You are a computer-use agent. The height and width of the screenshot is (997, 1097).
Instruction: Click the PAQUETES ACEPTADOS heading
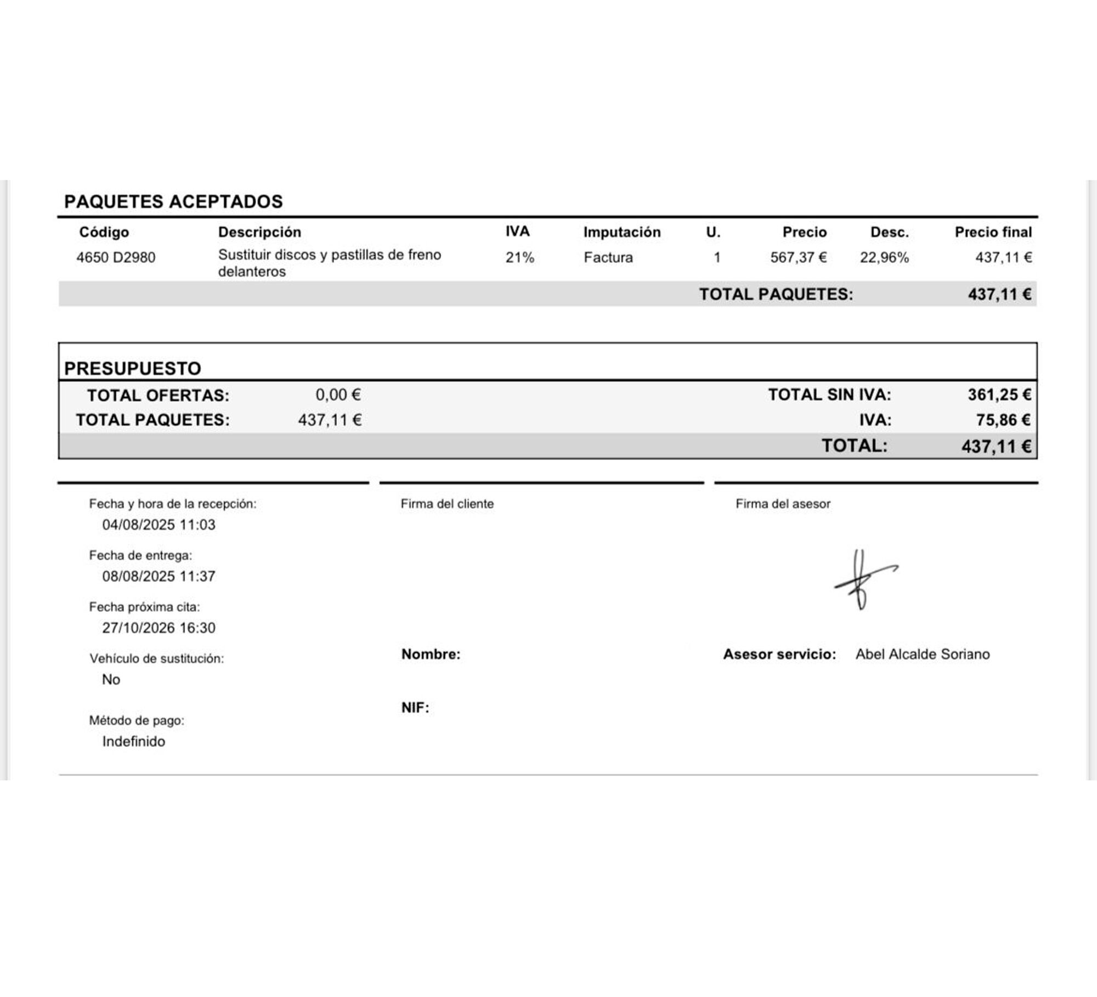pos(173,201)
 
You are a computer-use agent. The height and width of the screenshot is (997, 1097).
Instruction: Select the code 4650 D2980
pos(116,257)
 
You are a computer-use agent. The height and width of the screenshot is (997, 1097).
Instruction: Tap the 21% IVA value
pos(519,257)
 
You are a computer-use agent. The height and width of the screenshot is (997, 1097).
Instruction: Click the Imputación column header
pos(621,232)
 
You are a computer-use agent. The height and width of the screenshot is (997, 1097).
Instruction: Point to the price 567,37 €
pos(798,257)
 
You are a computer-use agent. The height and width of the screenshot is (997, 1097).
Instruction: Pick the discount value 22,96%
pos(884,257)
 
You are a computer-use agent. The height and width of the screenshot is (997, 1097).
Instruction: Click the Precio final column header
pos(993,232)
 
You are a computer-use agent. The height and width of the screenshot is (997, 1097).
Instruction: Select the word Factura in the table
pos(608,257)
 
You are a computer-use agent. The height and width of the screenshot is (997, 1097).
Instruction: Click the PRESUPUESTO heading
pos(133,368)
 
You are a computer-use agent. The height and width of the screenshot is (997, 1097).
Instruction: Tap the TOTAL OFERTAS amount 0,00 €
pos(338,395)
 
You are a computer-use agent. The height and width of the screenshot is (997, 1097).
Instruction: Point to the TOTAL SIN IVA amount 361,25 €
pos(999,395)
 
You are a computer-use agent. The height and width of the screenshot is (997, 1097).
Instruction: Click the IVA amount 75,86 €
pos(1003,420)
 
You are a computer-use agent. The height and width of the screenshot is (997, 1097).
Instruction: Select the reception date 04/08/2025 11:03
pos(159,525)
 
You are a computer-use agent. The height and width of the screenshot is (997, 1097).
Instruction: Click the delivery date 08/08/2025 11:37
pos(159,576)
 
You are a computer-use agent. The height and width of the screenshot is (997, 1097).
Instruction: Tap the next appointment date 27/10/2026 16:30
pos(159,628)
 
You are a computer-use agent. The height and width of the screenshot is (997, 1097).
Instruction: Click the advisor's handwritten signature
pos(863,579)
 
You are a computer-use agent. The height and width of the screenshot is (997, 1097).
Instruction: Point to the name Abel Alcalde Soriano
pos(923,654)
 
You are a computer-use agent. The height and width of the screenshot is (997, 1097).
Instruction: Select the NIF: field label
pos(415,708)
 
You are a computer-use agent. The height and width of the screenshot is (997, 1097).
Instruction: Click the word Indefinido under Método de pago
pos(133,741)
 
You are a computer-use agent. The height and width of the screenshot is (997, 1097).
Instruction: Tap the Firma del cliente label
pos(447,504)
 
